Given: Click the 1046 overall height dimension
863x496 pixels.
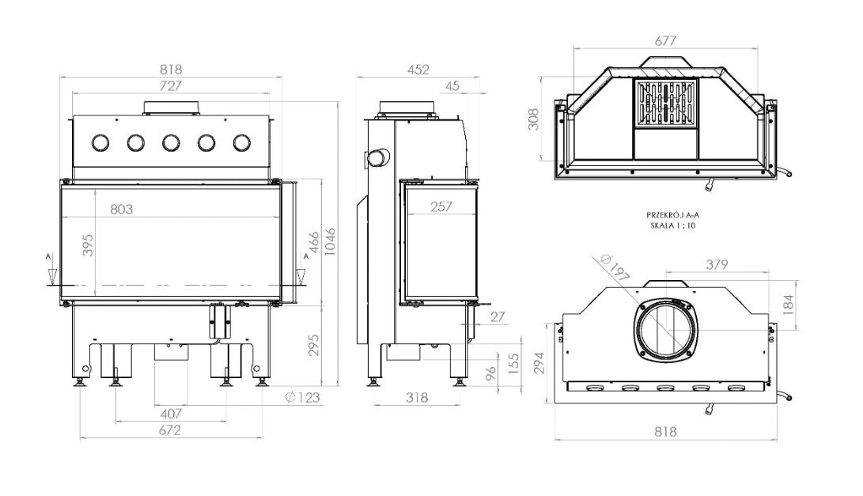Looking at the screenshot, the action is click(x=330, y=241).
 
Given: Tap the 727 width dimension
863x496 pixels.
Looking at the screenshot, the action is click(x=171, y=86).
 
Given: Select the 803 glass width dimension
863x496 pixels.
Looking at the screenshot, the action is click(x=122, y=209).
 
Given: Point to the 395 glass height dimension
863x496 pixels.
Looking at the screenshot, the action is click(x=88, y=245).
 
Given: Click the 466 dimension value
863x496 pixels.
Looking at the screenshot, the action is click(x=312, y=242).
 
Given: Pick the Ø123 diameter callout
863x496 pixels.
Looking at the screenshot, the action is click(x=302, y=397).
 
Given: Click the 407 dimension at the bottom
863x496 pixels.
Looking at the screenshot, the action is click(x=171, y=414).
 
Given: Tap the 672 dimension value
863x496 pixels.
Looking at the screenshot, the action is click(x=170, y=430).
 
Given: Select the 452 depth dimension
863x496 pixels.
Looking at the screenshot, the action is click(x=418, y=70).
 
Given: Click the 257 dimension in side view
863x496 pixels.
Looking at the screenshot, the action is click(x=441, y=206).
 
